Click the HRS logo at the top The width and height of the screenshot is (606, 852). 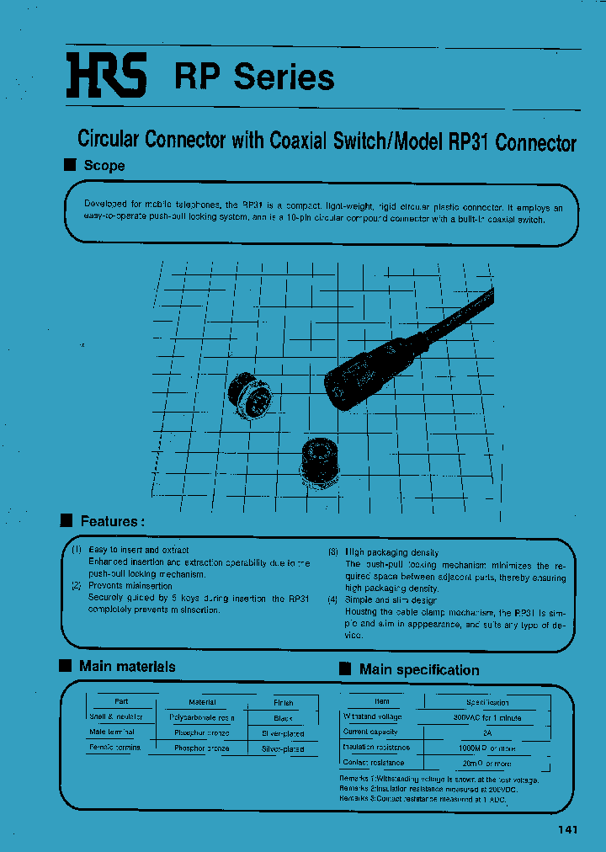pos(107,75)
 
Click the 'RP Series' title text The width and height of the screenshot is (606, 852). pos(254,77)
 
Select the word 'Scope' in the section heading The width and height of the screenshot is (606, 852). pos(104,166)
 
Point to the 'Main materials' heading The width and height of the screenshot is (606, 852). pos(127,666)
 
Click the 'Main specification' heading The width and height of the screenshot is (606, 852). pos(418,669)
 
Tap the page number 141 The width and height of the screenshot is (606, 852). pos(567,830)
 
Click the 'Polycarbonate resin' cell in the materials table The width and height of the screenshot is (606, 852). pos(202,717)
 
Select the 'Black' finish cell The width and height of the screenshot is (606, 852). pos(284,717)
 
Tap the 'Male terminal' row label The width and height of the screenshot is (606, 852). pos(112,732)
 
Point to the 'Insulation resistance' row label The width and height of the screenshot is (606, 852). pos(376,747)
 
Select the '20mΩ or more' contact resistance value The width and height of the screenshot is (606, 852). pos(486,763)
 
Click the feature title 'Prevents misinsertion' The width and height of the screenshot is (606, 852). pos(130,586)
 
